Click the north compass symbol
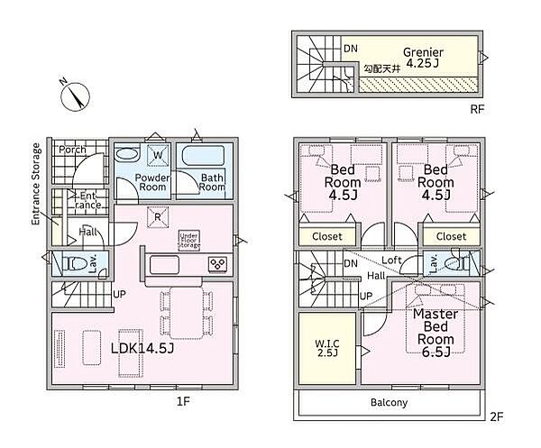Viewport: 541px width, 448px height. point(75,96)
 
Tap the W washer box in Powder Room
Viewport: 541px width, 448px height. point(158,155)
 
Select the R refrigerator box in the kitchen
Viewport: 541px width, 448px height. point(158,217)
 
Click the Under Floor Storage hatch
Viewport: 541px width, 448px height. point(189,240)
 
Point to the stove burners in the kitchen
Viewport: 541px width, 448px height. point(218,265)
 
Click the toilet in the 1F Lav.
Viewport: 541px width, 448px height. point(75,264)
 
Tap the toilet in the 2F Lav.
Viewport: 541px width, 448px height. point(456,264)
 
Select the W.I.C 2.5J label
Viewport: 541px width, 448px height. point(327,348)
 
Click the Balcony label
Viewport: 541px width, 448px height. point(389,402)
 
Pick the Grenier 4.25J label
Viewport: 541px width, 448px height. point(423,58)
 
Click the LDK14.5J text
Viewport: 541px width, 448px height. point(142,348)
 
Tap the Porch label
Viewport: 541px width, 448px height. point(72,150)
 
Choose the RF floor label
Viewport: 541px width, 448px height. point(477,109)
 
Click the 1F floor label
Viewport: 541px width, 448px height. point(183,401)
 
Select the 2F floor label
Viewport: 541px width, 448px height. point(497,416)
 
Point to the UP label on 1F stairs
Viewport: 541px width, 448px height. point(119,295)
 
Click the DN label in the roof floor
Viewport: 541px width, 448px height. point(351,49)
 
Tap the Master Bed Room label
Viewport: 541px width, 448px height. point(436,333)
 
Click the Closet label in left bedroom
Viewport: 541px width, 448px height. point(327,236)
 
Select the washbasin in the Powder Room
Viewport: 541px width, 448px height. point(126,154)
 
